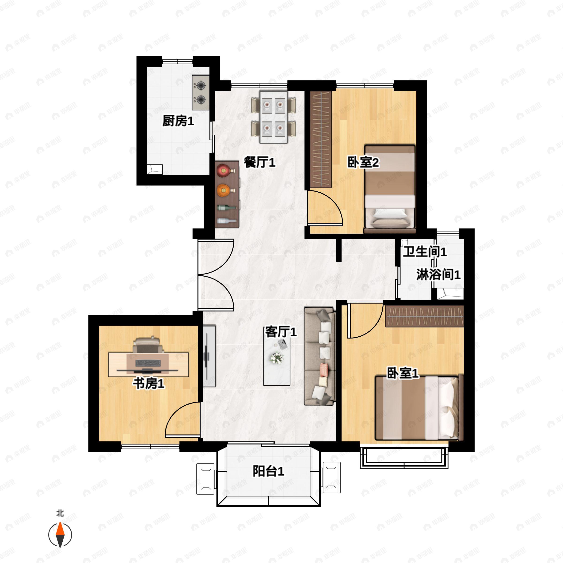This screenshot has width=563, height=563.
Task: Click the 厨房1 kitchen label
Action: (x=178, y=121)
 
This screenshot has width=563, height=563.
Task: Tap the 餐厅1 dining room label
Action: (x=259, y=162)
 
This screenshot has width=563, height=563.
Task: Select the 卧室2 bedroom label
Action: (x=363, y=162)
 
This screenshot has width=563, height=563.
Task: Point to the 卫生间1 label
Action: (x=425, y=251)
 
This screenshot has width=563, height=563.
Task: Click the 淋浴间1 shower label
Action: (x=438, y=274)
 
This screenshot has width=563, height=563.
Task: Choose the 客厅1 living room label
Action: (x=281, y=332)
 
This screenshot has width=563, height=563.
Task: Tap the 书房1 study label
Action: (x=149, y=383)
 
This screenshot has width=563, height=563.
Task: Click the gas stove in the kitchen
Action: (x=201, y=93)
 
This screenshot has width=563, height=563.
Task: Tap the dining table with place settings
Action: (x=274, y=117)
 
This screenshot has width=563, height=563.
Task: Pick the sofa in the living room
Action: (x=320, y=356)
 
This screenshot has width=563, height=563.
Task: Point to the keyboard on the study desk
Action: (x=148, y=363)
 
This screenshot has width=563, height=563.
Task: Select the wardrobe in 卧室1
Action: (x=425, y=316)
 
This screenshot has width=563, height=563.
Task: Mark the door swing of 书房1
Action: (x=182, y=420)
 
